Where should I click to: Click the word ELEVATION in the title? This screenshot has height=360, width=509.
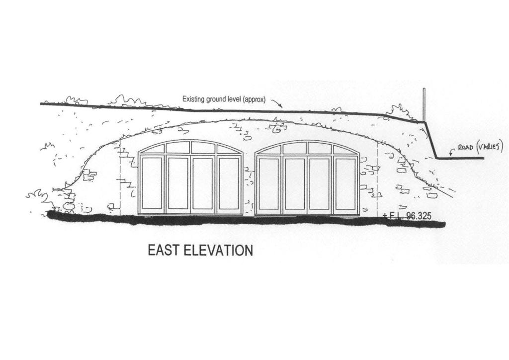point(219,250)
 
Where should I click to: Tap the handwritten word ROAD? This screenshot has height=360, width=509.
point(465,148)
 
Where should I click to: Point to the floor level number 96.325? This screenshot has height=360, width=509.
point(419,215)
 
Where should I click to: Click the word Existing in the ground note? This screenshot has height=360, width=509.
point(192,99)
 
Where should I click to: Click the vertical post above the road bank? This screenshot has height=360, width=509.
point(424,104)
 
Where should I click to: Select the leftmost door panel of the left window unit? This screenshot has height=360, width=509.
point(152,184)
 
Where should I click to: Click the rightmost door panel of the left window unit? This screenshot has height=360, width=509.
point(229,184)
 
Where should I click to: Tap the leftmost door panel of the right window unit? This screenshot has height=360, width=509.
point(269,184)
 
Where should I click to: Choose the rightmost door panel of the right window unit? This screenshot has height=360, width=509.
point(346,184)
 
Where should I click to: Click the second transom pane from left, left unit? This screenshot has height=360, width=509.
point(178,147)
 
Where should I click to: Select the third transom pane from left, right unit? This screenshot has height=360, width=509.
point(320,148)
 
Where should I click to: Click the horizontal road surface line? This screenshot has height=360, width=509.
point(460,158)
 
